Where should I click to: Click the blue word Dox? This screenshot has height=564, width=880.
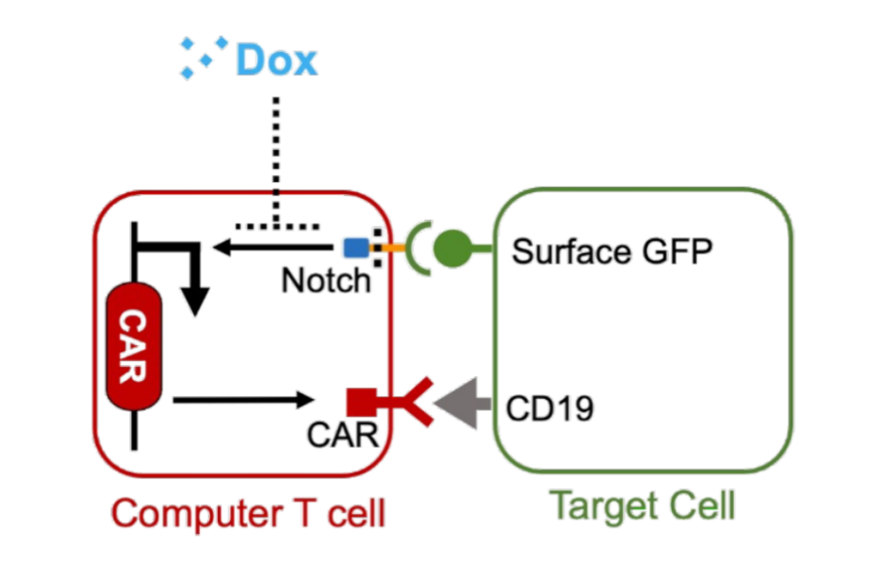pos(277,59)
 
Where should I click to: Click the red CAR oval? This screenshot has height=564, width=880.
pos(134,348)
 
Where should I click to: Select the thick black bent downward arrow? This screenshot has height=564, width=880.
pos(194,279)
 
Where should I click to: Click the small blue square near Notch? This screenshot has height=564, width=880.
pos(355,248)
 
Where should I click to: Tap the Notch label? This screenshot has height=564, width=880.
pos(326,280)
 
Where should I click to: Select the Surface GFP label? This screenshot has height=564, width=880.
pos(611,252)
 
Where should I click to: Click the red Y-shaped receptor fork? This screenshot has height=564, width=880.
pos(411,401)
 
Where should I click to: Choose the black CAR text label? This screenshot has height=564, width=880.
pos(343,435)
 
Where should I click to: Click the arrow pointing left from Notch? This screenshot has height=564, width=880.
pos(274,248)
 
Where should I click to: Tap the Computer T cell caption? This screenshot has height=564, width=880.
pos(248,514)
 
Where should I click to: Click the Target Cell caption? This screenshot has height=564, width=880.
pos(642,506)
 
